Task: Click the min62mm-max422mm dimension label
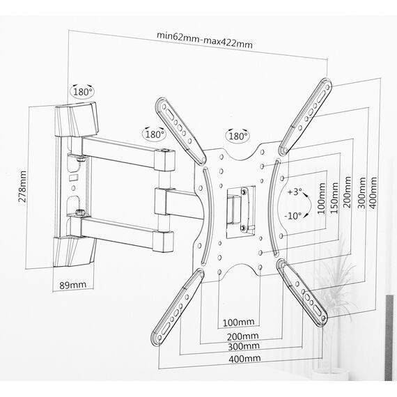(205, 40)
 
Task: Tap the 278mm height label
(22, 187)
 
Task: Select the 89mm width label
(73, 285)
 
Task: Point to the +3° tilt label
(295, 192)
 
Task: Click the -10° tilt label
(293, 216)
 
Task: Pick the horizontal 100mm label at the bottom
(238, 322)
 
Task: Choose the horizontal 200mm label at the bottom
(242, 336)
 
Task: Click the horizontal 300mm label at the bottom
(244, 346)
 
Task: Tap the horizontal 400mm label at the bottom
(244, 359)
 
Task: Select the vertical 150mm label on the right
(334, 198)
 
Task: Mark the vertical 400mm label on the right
(373, 193)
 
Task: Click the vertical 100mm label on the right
(321, 198)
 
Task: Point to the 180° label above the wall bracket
(82, 92)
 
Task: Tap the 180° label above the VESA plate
(238, 137)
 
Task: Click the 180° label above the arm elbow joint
(155, 134)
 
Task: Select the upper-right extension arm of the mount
(305, 116)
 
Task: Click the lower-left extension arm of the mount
(177, 307)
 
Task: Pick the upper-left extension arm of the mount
(181, 131)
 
